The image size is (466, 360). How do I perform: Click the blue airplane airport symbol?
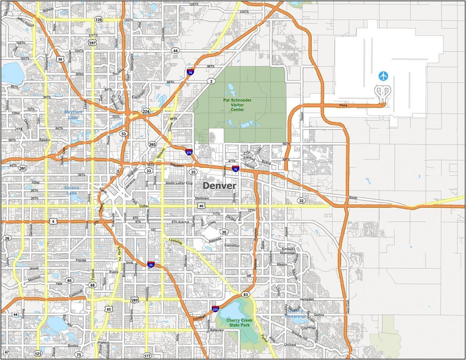383,76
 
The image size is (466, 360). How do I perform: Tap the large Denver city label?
219,186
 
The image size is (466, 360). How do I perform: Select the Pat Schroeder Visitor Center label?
237,105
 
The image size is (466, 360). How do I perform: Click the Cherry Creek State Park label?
239,323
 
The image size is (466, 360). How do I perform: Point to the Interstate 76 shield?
190,72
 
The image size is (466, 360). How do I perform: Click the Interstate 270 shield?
189,152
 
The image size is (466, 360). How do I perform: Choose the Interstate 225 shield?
215,308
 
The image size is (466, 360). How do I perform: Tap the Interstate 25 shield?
151,264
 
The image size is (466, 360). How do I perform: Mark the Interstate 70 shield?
235,169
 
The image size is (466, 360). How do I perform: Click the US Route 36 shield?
60,59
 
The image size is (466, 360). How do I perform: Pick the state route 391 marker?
23,168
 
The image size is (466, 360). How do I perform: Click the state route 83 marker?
245,295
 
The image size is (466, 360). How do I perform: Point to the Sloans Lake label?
71,191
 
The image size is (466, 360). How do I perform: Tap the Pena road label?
343,106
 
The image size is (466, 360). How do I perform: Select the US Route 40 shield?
201,206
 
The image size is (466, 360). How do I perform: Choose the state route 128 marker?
98,20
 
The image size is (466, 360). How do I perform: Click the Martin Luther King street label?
179,183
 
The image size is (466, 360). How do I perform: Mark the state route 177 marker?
147,356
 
